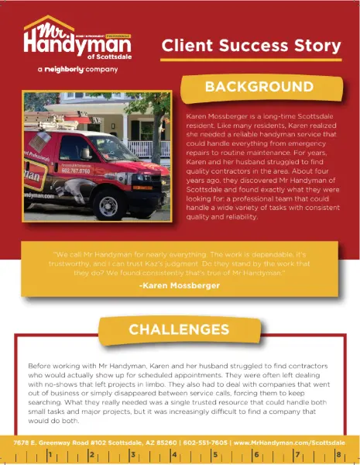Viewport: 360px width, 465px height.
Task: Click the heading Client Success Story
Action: [x=252, y=46]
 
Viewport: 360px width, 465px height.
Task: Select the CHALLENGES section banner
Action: [x=179, y=329]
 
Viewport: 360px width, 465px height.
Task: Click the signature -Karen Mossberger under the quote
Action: [x=180, y=286]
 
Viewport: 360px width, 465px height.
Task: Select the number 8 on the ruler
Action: [x=338, y=455]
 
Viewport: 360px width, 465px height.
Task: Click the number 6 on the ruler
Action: [x=256, y=455]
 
